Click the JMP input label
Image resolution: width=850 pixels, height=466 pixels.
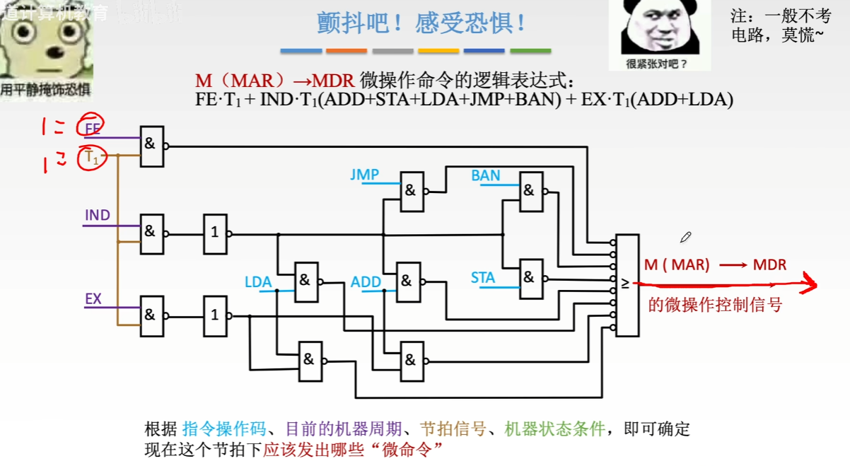click(364, 174)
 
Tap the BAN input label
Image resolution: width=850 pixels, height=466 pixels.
click(486, 175)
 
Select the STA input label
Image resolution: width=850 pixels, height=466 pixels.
click(483, 278)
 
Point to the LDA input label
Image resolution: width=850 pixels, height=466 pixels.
click(258, 282)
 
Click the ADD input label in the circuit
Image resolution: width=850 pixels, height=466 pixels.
click(366, 282)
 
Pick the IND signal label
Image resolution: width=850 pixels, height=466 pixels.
click(98, 215)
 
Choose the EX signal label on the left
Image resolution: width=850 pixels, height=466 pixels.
click(93, 298)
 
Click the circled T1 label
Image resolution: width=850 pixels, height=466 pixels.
click(93, 158)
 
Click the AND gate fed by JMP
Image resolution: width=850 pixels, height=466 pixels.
click(412, 191)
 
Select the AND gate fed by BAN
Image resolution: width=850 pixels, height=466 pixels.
click(531, 191)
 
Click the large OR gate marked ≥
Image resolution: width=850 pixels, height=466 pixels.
click(627, 285)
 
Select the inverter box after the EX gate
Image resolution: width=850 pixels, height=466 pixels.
click(215, 315)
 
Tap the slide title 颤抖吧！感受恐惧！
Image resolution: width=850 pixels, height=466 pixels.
click(422, 23)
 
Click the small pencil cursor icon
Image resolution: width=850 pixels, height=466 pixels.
click(685, 237)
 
